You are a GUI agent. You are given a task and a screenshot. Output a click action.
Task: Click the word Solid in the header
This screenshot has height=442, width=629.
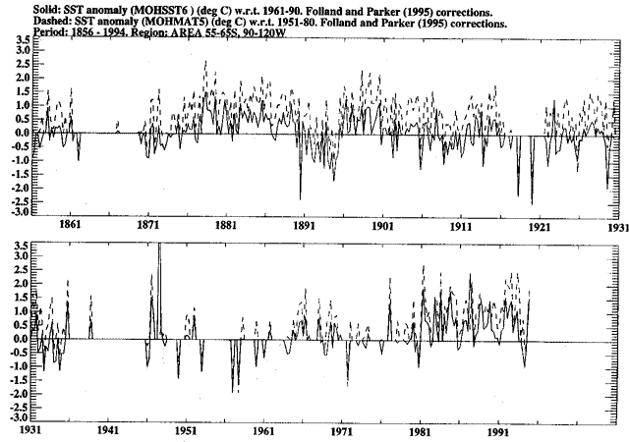coord(20,7)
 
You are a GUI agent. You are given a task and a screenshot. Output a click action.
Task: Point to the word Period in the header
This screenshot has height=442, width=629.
coord(22,30)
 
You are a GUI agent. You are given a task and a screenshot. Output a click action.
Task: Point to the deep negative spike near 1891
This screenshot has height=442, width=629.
coord(301,187)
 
